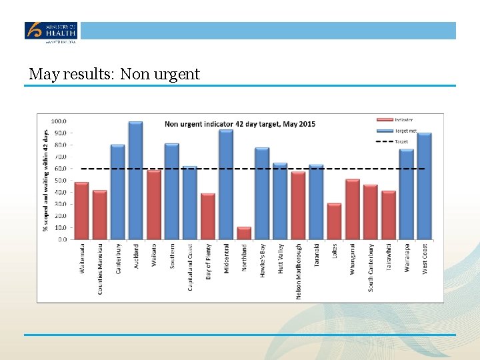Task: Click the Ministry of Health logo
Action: click(51, 31)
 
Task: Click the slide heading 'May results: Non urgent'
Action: click(114, 74)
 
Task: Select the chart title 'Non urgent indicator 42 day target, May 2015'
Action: click(240, 124)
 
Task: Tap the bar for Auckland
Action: click(135, 180)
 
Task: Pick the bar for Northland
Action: click(244, 233)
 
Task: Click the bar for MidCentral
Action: click(226, 184)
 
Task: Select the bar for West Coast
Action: click(425, 186)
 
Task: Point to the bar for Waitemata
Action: click(81, 211)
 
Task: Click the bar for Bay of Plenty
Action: click(208, 216)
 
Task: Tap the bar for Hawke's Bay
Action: click(262, 193)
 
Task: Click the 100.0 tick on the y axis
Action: click(59, 121)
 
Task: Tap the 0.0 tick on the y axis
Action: click(62, 239)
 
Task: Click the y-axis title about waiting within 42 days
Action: click(46, 180)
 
